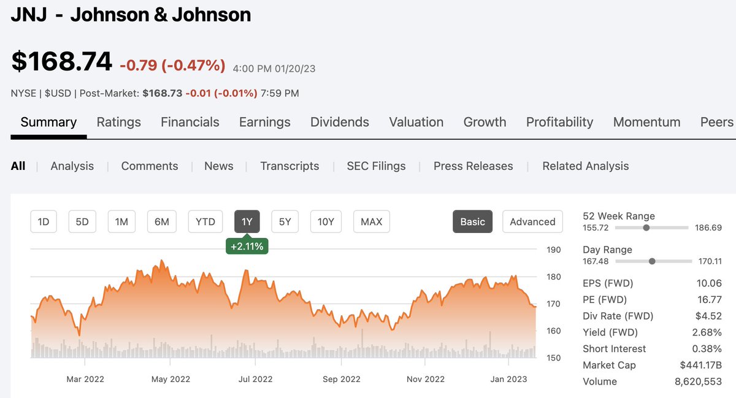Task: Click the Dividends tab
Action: [x=339, y=122]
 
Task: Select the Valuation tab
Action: [x=416, y=122]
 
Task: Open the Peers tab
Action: [x=716, y=122]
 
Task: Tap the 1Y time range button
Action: [x=247, y=221]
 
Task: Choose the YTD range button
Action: [x=205, y=221]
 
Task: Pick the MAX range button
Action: [x=371, y=221]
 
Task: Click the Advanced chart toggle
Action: [x=532, y=221]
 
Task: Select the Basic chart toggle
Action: [x=472, y=221]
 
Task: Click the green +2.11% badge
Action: [x=247, y=247]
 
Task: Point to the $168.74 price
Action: [x=61, y=61]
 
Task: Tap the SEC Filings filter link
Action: [x=376, y=166]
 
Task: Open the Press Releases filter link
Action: [x=473, y=166]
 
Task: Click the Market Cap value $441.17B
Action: [x=700, y=365]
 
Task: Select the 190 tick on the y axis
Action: [x=553, y=250]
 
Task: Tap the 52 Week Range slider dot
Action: [x=646, y=228]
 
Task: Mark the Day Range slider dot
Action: [x=652, y=261]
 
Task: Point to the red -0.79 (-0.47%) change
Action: [x=172, y=65]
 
